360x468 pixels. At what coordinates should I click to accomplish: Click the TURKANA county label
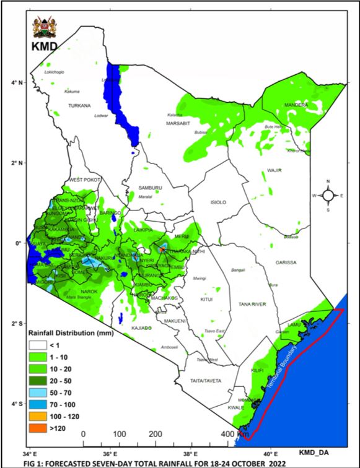coord(79,105)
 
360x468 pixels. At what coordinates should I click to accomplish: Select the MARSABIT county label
coord(180,123)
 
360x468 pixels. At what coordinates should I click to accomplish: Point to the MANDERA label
coord(296,105)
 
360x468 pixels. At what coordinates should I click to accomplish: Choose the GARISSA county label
coord(286,262)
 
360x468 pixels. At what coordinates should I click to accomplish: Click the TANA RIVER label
coord(252,304)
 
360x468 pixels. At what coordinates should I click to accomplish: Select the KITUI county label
coord(206,299)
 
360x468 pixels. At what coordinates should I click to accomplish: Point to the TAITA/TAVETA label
coord(206,380)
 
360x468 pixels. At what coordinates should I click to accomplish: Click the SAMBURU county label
coord(150,188)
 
